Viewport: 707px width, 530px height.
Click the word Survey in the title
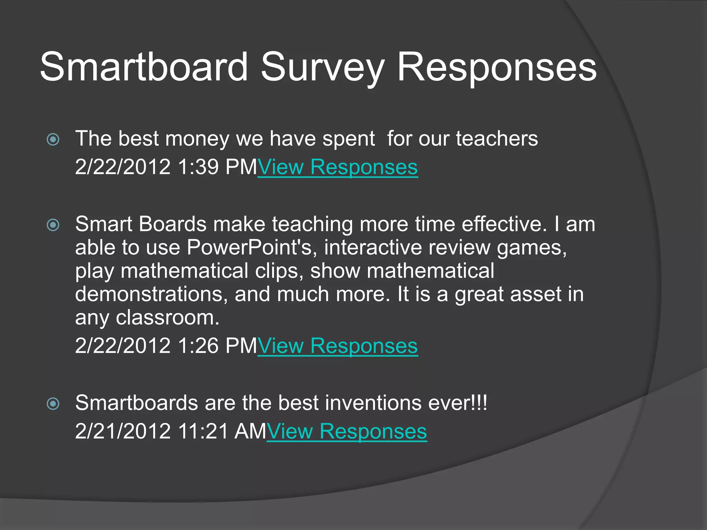click(x=322, y=67)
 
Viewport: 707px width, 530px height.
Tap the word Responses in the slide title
click(x=497, y=67)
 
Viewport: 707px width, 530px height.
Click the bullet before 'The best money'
click(x=53, y=139)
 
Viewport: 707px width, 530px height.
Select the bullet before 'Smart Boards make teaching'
click(x=53, y=225)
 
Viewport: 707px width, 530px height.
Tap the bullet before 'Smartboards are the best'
click(x=53, y=403)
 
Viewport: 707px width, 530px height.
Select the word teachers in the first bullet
click(x=497, y=139)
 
